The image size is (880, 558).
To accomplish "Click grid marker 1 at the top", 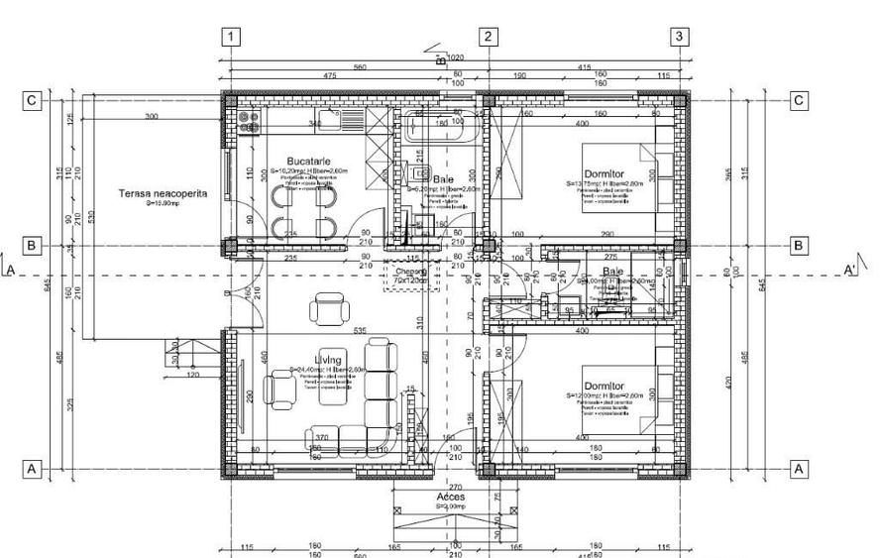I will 231,37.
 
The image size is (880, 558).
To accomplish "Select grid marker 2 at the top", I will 488,37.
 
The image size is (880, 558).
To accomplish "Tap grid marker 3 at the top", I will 679,37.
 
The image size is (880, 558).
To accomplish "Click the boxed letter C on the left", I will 33,100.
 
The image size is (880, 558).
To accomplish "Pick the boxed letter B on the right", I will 799,245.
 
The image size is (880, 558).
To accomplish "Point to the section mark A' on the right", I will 849,270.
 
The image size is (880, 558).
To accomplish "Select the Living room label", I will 328,360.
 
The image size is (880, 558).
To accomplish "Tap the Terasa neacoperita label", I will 162,193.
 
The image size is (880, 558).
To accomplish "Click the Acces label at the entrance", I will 452,497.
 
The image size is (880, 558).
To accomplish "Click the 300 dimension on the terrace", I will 151,117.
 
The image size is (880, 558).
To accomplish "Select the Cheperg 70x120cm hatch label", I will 410,276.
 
